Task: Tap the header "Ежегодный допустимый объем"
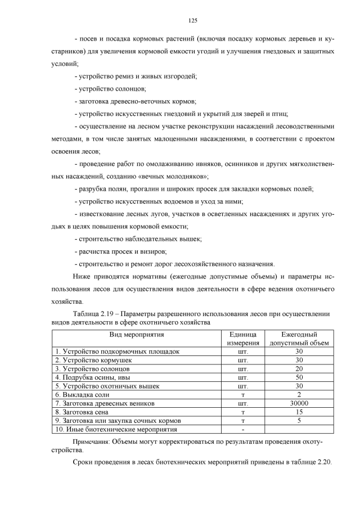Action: [299, 339]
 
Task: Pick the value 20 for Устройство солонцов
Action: [299, 369]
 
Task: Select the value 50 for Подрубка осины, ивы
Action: [299, 377]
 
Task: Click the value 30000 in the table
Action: [299, 403]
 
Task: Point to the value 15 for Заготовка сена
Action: [299, 412]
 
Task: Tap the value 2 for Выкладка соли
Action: [299, 395]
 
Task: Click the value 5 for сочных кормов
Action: [299, 420]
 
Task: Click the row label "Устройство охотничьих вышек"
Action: [107, 386]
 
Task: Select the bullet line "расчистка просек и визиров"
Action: [122, 251]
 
